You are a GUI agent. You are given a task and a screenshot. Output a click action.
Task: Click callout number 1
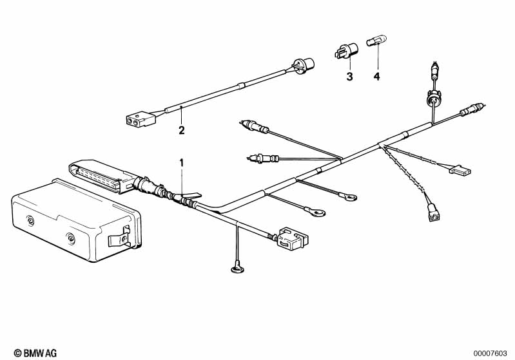point(181,162)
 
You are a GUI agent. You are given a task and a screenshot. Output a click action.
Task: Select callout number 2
point(182,130)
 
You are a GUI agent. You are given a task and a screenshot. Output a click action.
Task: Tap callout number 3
point(350,77)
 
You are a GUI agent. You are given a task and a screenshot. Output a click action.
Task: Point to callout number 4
point(376,77)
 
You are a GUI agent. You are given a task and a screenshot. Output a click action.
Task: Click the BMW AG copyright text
point(35,353)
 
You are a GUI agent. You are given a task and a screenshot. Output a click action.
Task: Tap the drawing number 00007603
point(491,353)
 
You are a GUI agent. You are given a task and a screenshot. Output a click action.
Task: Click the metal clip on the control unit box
point(119,236)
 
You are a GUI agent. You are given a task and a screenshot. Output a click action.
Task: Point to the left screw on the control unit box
point(30,220)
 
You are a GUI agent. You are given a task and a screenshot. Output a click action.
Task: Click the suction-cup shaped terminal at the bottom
point(237,269)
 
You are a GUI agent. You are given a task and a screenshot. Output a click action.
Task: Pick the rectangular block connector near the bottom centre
point(292,237)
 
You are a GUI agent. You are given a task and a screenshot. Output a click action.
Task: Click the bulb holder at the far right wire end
point(473,109)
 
